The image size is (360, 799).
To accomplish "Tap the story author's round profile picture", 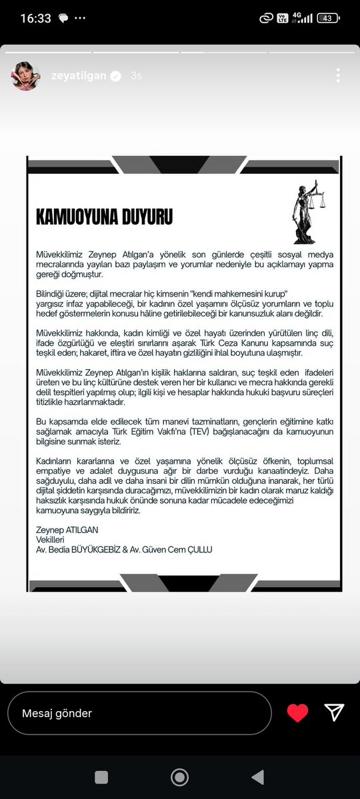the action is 26,76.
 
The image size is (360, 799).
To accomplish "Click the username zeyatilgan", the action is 77,76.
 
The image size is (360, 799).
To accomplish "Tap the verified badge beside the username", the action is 115,76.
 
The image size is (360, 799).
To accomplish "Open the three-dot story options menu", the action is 338,75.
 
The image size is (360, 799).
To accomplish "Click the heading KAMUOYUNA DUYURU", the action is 105,217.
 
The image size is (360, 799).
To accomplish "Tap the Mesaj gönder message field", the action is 139,713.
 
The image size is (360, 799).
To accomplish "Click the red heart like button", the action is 297,713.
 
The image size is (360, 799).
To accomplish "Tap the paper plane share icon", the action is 334,713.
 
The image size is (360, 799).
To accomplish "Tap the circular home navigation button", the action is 180,777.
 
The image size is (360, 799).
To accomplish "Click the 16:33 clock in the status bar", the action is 36,19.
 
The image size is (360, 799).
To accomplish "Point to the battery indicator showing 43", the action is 327,19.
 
